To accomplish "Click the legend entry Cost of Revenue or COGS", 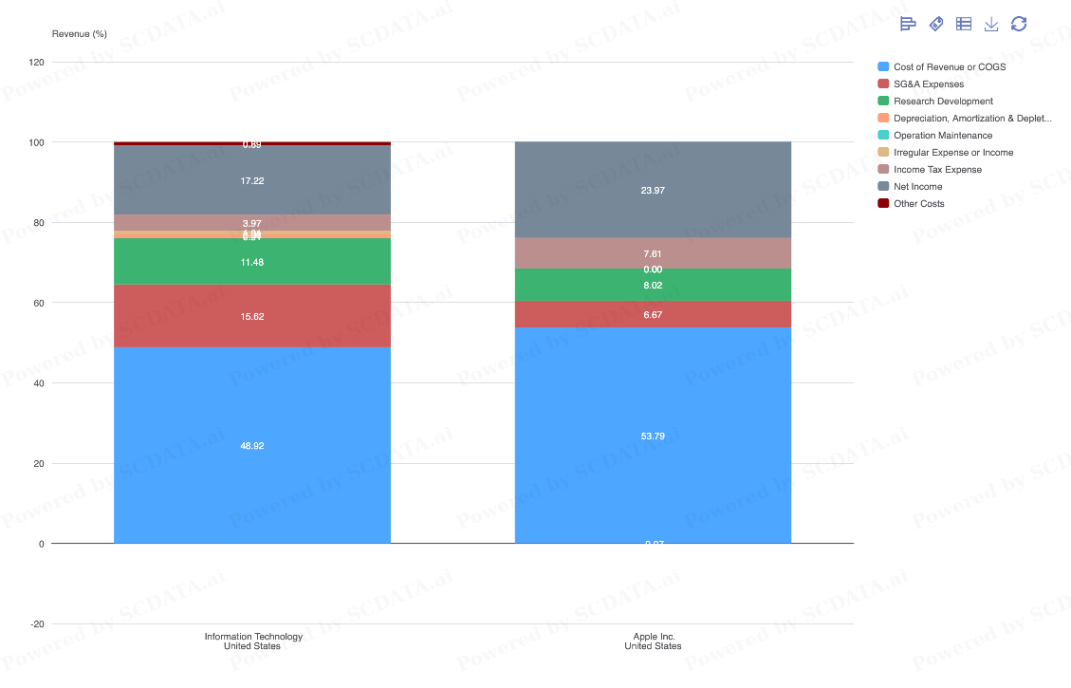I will [x=949, y=67].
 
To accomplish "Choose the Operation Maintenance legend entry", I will [x=942, y=136].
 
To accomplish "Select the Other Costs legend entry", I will [x=918, y=204].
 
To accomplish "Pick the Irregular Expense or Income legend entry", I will [x=952, y=153].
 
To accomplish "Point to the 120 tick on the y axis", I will [x=37, y=63].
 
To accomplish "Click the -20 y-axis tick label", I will [x=37, y=624].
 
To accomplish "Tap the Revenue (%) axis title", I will [x=80, y=34].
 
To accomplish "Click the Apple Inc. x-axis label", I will [x=653, y=642].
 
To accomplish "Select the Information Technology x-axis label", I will [x=252, y=642].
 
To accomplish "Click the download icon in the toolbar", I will [x=991, y=24].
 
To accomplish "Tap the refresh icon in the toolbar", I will [x=1019, y=24].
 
